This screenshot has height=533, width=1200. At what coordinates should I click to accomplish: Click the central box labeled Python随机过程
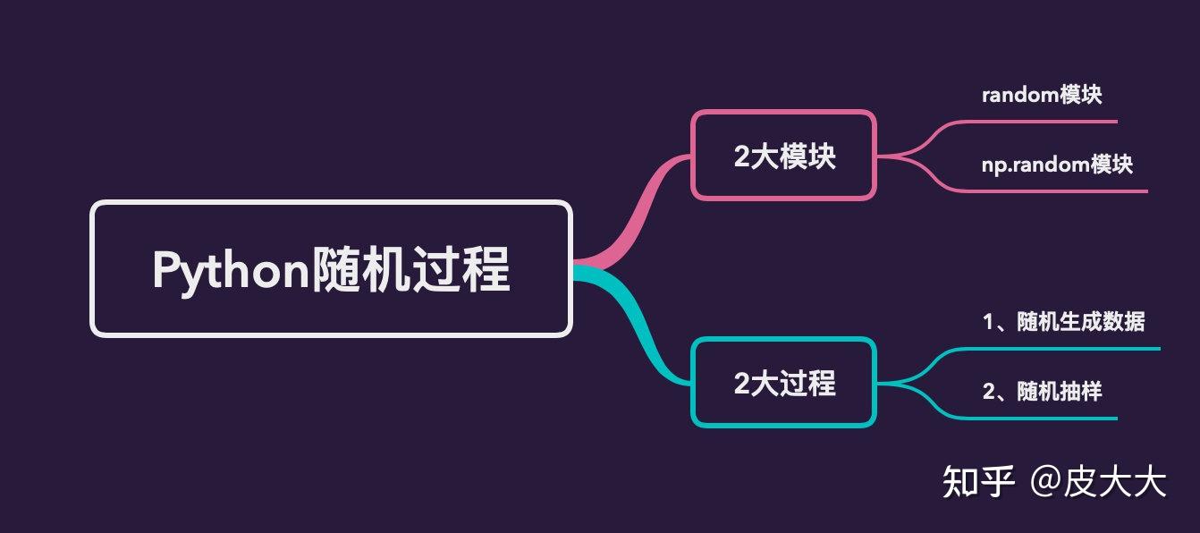click(x=330, y=268)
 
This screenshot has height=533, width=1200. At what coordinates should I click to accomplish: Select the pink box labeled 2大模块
click(x=783, y=156)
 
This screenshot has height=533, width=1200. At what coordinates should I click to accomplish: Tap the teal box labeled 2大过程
click(x=783, y=383)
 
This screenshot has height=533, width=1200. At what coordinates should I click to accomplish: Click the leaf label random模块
click(x=1042, y=96)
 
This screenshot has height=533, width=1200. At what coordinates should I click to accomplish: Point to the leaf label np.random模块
click(x=1057, y=165)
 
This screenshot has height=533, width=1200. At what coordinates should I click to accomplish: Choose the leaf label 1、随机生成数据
click(x=1063, y=322)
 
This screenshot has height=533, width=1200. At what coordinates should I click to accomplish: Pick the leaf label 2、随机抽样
click(x=1042, y=392)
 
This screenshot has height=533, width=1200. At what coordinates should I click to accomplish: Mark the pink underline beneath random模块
click(x=1055, y=121)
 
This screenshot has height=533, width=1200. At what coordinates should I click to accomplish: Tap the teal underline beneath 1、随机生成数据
click(x=1073, y=348)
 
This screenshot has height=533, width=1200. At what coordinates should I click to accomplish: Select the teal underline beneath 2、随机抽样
click(x=1055, y=418)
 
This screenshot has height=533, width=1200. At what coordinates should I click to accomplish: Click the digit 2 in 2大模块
click(x=741, y=157)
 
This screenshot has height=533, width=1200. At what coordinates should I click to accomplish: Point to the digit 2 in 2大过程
click(x=741, y=384)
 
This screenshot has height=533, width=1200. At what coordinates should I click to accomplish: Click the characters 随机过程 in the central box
click(x=410, y=269)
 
